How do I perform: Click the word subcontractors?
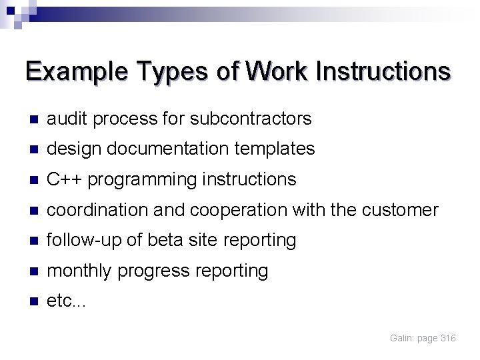click(251, 119)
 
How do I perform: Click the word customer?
click(400, 211)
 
